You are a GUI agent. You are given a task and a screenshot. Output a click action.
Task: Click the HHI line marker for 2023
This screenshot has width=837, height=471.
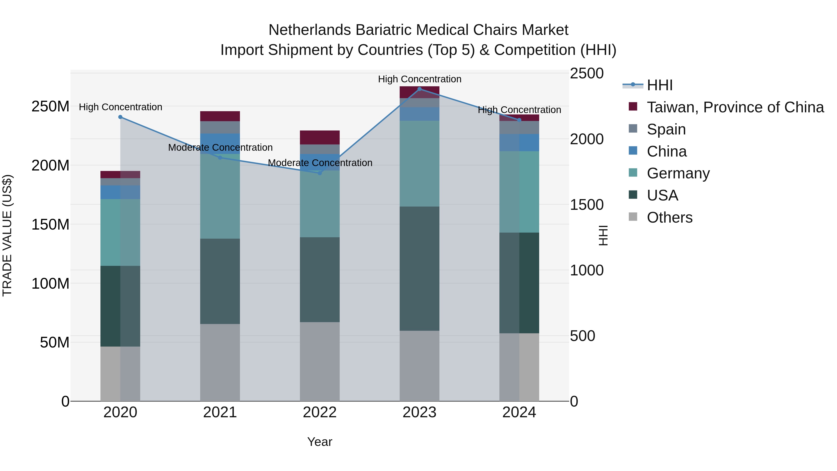419,89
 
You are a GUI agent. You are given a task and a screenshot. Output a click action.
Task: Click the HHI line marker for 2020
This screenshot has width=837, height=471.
120,117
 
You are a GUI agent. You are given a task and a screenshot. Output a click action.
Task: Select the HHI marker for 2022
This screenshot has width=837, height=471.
320,173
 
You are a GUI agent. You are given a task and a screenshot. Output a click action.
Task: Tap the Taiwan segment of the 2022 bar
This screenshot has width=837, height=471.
320,137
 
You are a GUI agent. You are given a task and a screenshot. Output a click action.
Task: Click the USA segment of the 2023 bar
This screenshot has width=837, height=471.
419,268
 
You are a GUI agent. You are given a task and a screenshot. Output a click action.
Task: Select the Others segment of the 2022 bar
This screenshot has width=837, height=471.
320,361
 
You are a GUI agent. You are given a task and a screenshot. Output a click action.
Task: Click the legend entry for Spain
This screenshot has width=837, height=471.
666,129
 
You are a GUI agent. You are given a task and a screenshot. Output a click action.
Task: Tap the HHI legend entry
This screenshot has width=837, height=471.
659,85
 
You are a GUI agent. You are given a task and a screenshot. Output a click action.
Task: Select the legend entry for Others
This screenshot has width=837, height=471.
669,217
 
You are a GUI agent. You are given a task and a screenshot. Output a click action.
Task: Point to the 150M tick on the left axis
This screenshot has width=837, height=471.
50,225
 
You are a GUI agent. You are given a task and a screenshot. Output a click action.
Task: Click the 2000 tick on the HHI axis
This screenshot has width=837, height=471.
587,139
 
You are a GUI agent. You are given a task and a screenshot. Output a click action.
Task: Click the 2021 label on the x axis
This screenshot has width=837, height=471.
220,412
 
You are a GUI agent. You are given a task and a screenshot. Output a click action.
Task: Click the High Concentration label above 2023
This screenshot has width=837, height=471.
419,79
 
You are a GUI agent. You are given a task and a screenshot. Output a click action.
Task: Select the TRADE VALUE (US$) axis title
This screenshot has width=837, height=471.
7,235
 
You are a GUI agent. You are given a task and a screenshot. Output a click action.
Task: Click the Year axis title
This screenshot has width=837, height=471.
320,442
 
